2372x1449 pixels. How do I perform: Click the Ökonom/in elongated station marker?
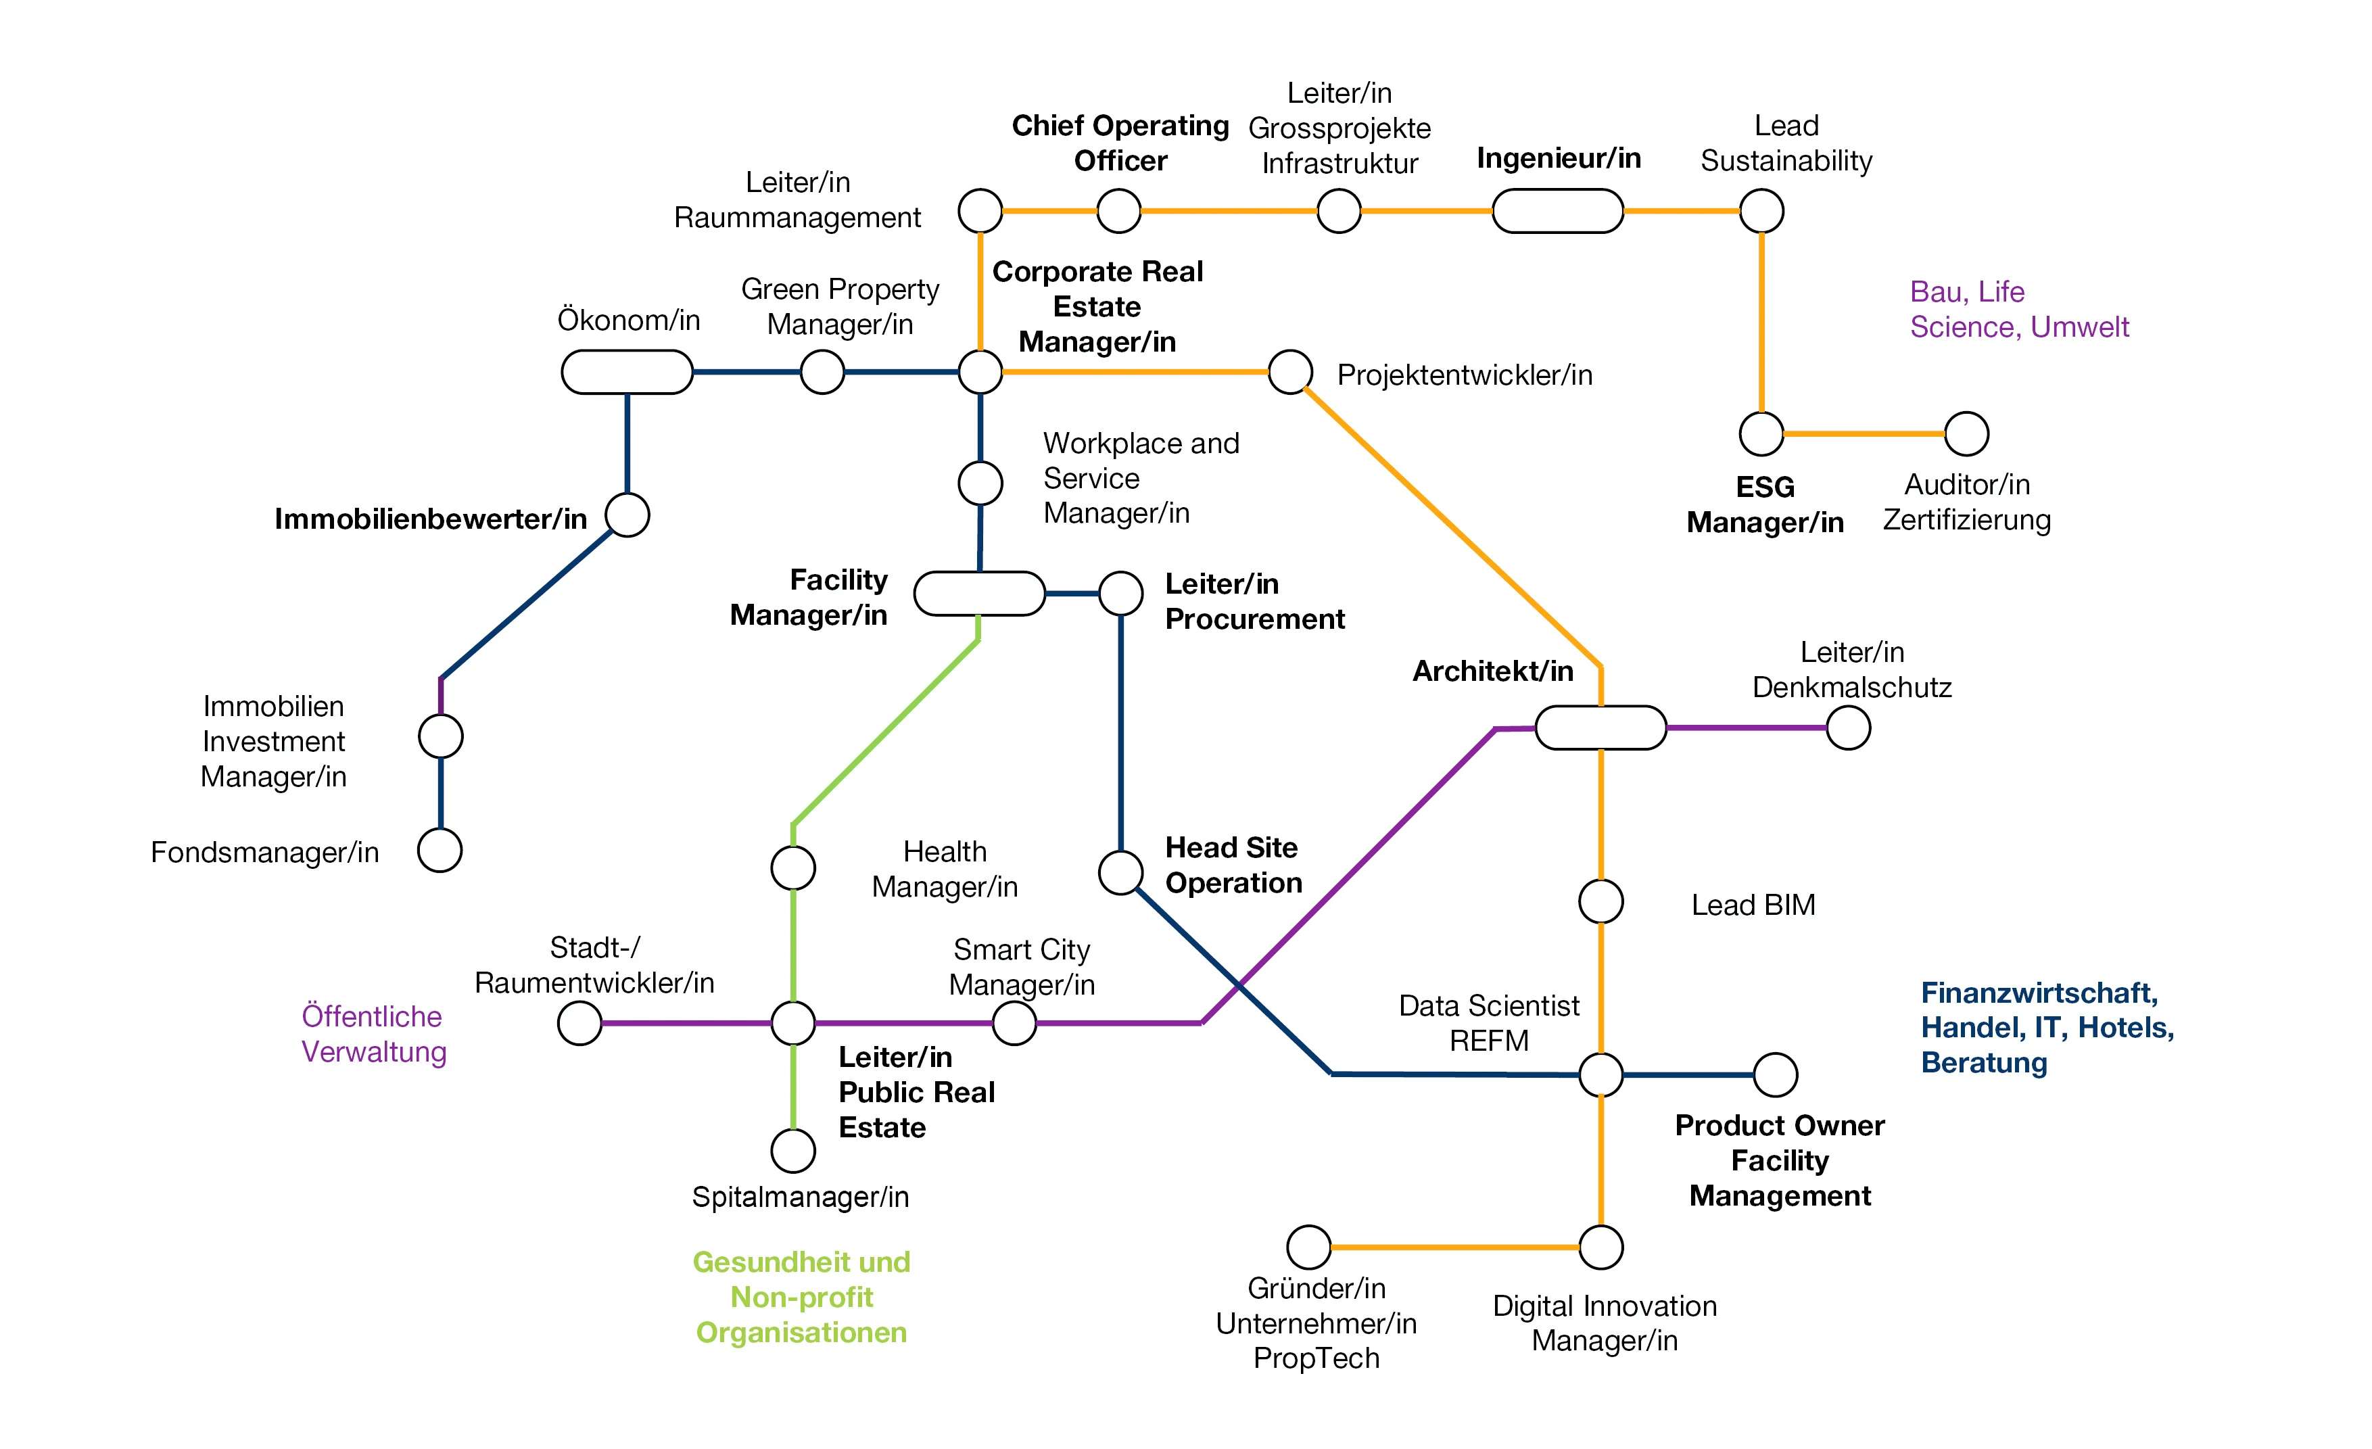[627, 373]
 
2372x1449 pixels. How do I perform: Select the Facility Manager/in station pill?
[979, 593]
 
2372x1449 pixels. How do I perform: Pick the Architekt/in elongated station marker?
[1600, 728]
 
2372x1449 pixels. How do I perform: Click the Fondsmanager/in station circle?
[440, 850]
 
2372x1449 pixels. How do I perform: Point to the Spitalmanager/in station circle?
[793, 1151]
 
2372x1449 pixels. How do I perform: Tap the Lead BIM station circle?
[1601, 902]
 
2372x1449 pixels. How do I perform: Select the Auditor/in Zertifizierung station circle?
[1967, 434]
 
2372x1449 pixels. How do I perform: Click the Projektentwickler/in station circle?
[1290, 373]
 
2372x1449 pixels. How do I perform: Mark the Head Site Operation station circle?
[1120, 873]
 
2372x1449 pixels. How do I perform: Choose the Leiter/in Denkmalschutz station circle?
[1849, 728]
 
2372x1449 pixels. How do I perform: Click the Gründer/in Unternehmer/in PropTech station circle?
[1309, 1247]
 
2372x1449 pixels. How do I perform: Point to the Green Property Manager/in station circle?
[822, 373]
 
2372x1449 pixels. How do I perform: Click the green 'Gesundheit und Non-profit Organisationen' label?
[801, 1297]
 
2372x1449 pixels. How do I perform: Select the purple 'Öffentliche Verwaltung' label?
[373, 1034]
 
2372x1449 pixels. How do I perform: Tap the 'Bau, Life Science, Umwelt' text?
[2019, 309]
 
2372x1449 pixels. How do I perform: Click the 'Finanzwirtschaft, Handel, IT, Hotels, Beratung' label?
[2047, 1027]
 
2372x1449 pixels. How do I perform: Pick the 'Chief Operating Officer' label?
[1120, 143]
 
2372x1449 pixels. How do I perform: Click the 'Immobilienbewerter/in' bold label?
[430, 519]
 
